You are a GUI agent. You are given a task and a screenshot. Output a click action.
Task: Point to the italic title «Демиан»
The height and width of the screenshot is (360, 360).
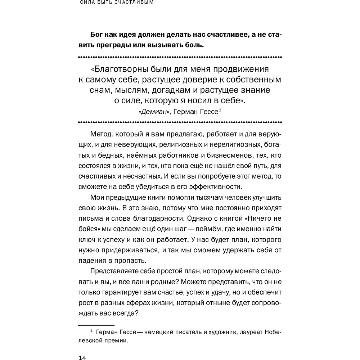point(154,112)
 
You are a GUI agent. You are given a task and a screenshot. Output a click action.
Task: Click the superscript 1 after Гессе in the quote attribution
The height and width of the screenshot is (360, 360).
point(220,110)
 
